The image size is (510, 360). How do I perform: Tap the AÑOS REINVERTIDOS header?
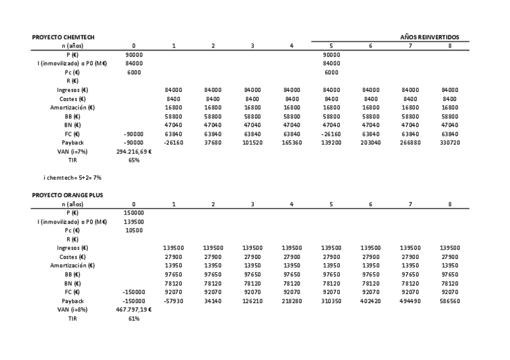(x=429, y=37)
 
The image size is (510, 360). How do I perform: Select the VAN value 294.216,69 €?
(x=134, y=151)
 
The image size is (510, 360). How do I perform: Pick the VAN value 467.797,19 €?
(x=134, y=310)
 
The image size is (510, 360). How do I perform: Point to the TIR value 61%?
(x=134, y=319)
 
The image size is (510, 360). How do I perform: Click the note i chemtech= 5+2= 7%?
(x=60, y=178)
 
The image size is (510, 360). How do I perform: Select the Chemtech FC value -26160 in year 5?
(x=331, y=133)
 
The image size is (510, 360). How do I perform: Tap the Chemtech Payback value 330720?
(x=449, y=142)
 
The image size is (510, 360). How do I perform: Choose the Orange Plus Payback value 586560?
(x=449, y=301)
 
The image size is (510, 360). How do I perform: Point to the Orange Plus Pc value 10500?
(x=134, y=230)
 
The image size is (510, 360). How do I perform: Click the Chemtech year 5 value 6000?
(x=331, y=72)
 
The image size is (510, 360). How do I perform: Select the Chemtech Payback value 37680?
(x=213, y=142)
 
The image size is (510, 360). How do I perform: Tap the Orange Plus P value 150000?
(x=134, y=212)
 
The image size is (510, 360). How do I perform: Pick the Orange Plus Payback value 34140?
(x=213, y=301)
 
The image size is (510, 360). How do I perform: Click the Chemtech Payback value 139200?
(x=331, y=142)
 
